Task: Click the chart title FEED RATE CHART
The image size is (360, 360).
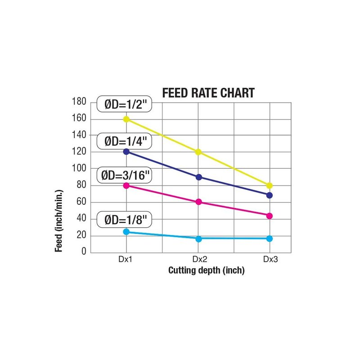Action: pyautogui.click(x=208, y=93)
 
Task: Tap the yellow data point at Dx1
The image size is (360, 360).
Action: pyautogui.click(x=126, y=119)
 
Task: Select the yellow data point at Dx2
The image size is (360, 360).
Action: pyautogui.click(x=198, y=152)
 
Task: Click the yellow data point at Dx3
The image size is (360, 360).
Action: pyautogui.click(x=270, y=185)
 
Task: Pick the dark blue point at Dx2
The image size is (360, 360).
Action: pyautogui.click(x=198, y=177)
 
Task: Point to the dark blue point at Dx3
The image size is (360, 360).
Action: pyautogui.click(x=270, y=195)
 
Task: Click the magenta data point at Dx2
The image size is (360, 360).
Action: pyautogui.click(x=198, y=202)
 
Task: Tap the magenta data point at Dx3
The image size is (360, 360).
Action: pyautogui.click(x=270, y=216)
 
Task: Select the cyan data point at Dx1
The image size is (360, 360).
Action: pyautogui.click(x=126, y=232)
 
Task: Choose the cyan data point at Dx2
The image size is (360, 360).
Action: pyautogui.click(x=198, y=238)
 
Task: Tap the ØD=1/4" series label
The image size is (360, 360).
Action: pyautogui.click(x=123, y=141)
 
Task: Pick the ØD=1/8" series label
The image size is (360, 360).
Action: pyautogui.click(x=123, y=220)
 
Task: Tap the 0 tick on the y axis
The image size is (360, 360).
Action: pyautogui.click(x=84, y=252)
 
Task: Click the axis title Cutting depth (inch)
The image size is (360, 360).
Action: pyautogui.click(x=206, y=270)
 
